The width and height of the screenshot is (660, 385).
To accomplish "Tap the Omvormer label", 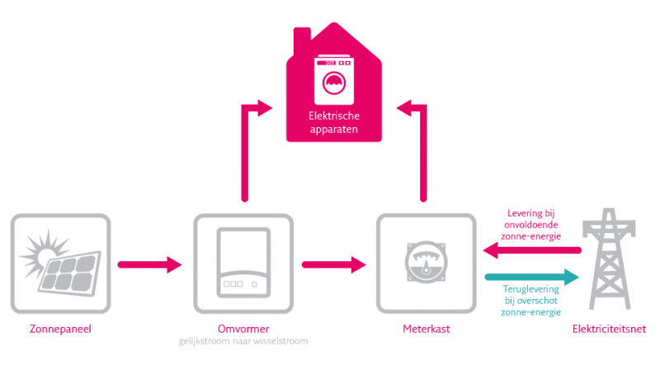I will click(243, 330).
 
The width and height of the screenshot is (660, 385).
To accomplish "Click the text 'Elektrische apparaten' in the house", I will click(333, 123).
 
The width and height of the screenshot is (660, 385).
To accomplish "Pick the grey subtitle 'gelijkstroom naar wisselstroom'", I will click(243, 341).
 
